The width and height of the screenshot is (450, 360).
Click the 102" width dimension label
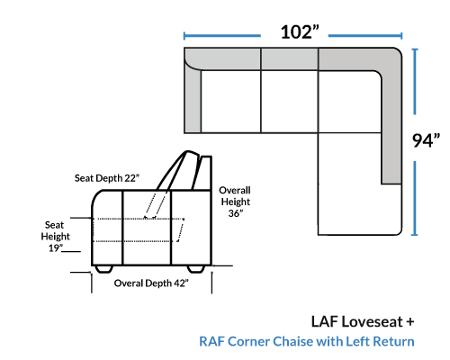[300, 32]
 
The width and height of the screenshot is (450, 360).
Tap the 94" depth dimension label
[426, 140]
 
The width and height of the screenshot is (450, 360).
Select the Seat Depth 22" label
[107, 178]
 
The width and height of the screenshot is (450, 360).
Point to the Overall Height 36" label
[235, 202]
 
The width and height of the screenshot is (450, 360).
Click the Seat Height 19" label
[55, 237]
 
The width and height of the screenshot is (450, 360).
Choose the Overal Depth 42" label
[151, 283]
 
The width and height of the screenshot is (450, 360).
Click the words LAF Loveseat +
[363, 321]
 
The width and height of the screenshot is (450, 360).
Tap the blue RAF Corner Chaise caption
[307, 341]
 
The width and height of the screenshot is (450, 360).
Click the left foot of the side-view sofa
[103, 269]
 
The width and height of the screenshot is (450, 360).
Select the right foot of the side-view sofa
[196, 269]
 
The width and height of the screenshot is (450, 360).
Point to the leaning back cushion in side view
[178, 171]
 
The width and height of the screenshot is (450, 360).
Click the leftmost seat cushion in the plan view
[230, 102]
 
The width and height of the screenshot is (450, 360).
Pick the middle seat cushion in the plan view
[290, 102]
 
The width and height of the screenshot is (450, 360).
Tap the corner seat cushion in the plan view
[349, 102]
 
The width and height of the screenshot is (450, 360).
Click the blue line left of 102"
[222, 36]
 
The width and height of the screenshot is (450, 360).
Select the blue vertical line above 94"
[415, 82]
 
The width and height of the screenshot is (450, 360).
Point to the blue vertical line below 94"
[415, 198]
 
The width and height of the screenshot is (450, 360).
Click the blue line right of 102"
[365, 36]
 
